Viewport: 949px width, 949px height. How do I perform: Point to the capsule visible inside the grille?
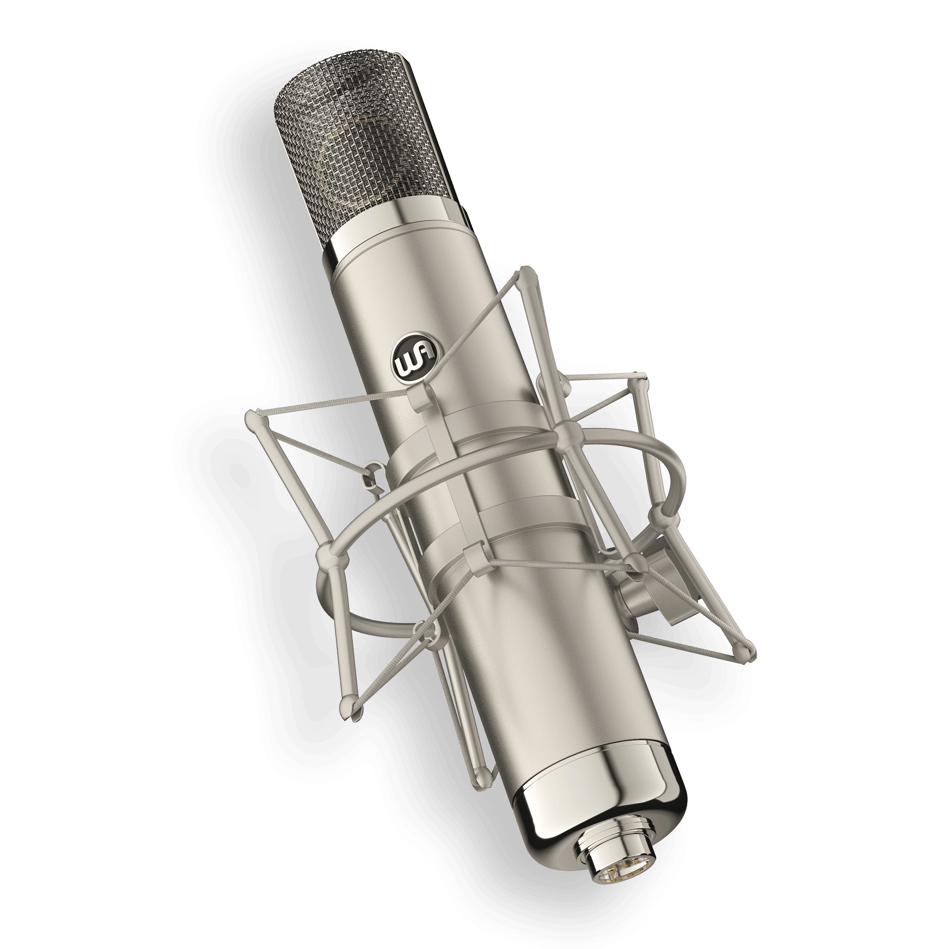359,158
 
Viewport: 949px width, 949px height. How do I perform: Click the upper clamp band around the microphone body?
468,430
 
